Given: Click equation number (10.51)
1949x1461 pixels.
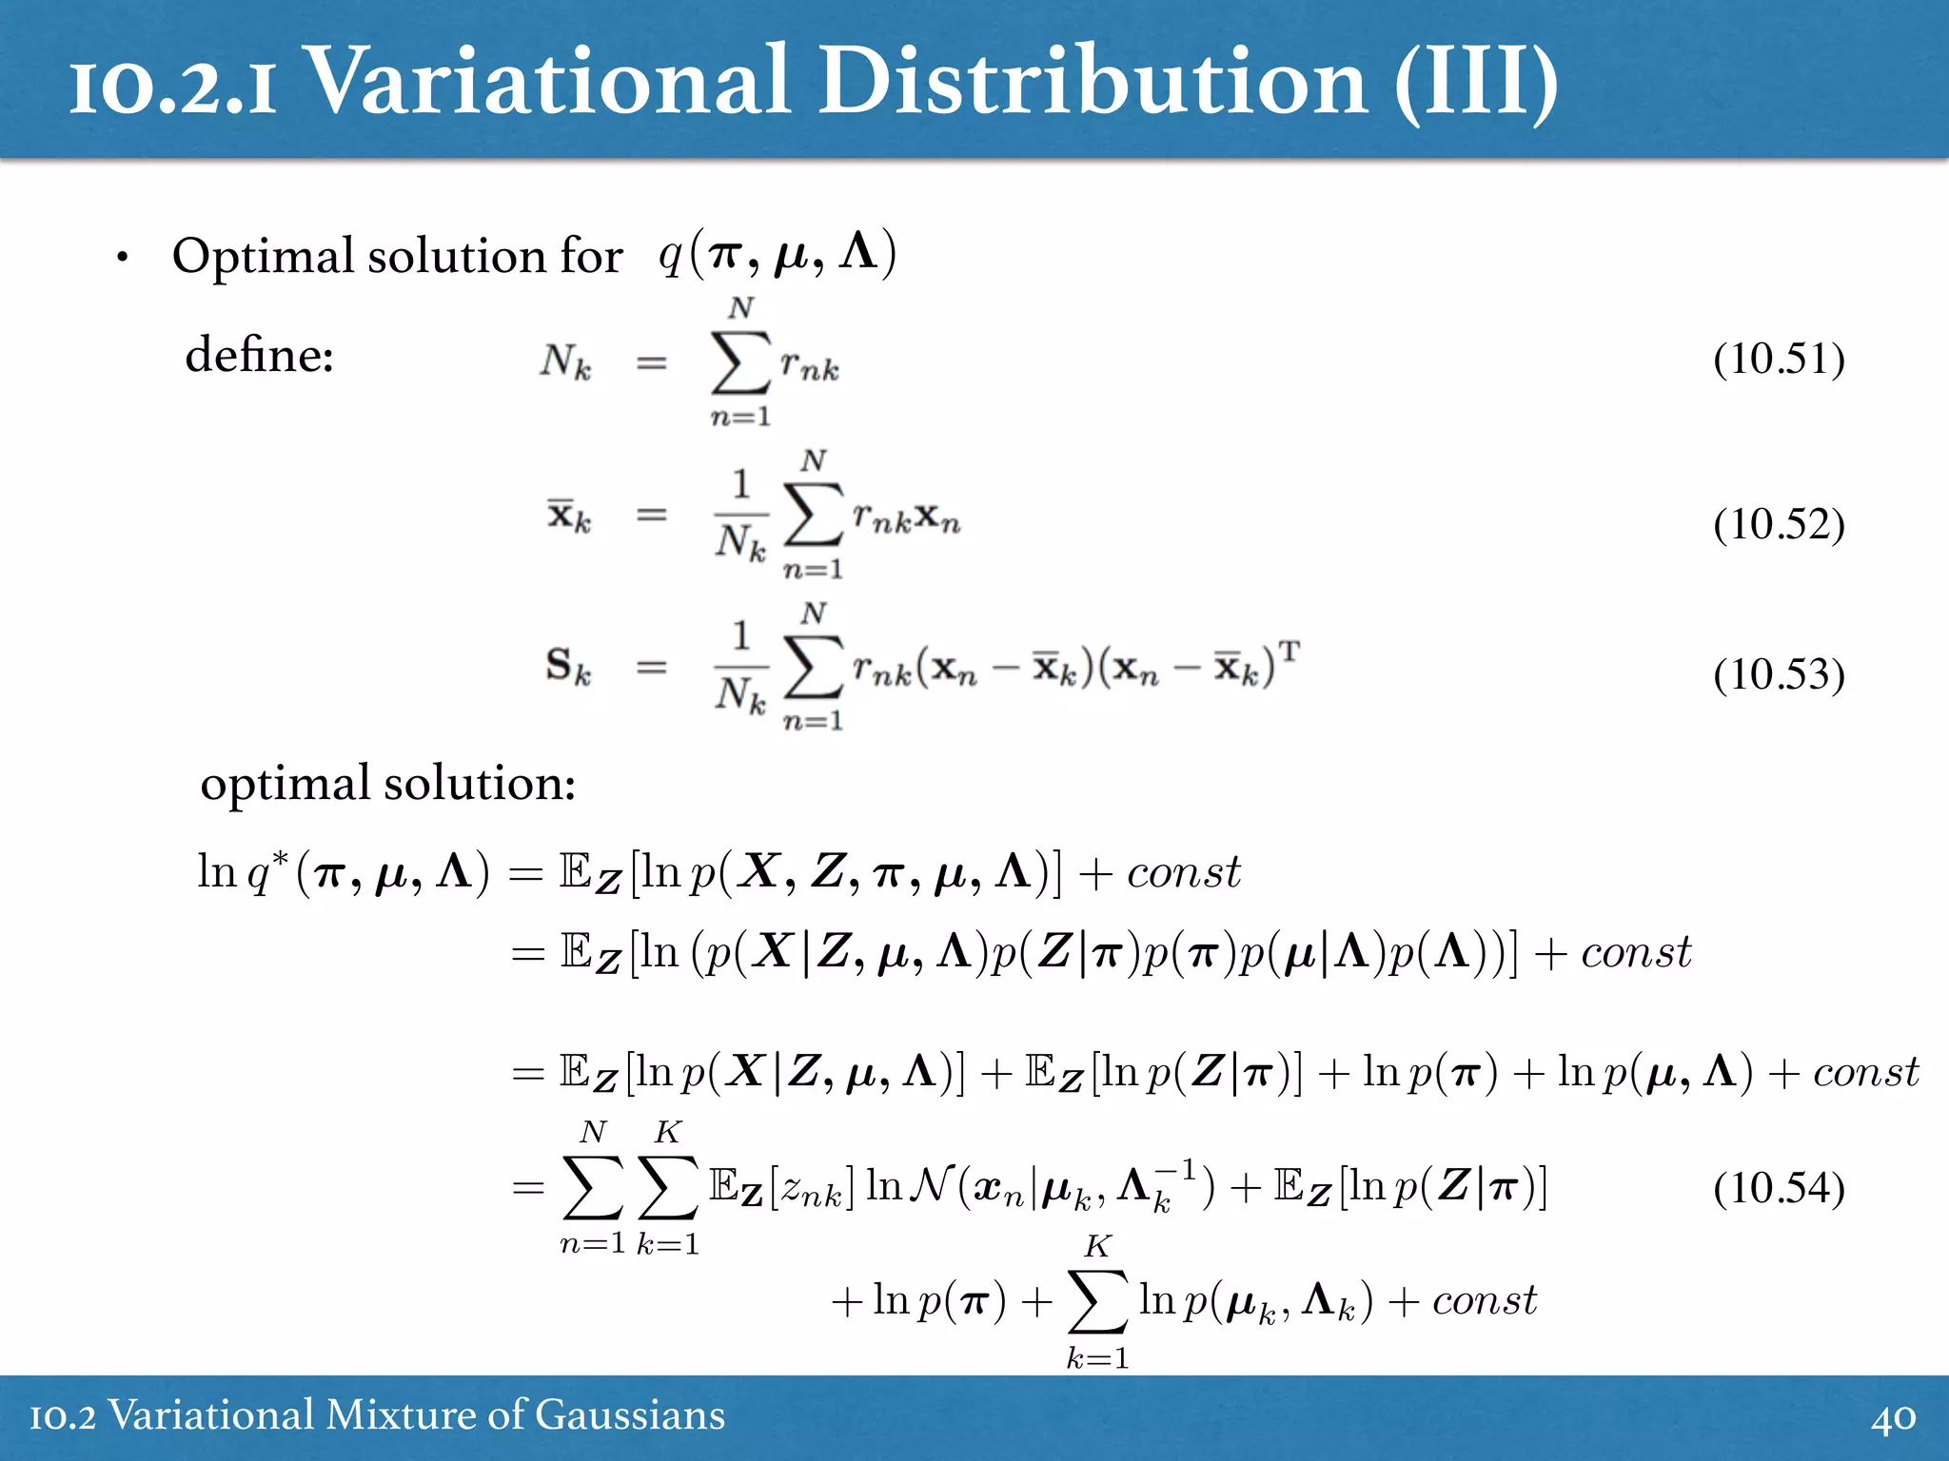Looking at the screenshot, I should click(1779, 360).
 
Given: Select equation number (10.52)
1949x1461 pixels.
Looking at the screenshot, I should click(1779, 524).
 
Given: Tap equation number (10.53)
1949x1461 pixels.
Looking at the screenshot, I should click(1779, 674).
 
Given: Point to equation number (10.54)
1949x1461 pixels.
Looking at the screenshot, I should click(1779, 1188).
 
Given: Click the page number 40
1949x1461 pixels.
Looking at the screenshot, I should click(1893, 1417).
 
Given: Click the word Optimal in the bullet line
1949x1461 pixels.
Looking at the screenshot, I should click(263, 257).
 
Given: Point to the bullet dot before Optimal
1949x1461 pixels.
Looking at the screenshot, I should click(122, 258).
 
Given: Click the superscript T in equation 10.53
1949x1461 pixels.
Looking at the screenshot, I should click(1289, 652).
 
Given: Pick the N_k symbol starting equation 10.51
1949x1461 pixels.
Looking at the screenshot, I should click(565, 362).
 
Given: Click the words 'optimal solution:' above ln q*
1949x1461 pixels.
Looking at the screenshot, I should click(387, 784).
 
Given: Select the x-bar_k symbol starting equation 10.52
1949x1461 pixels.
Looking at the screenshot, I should click(568, 516).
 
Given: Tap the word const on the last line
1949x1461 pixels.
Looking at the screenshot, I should click(1484, 1300).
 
